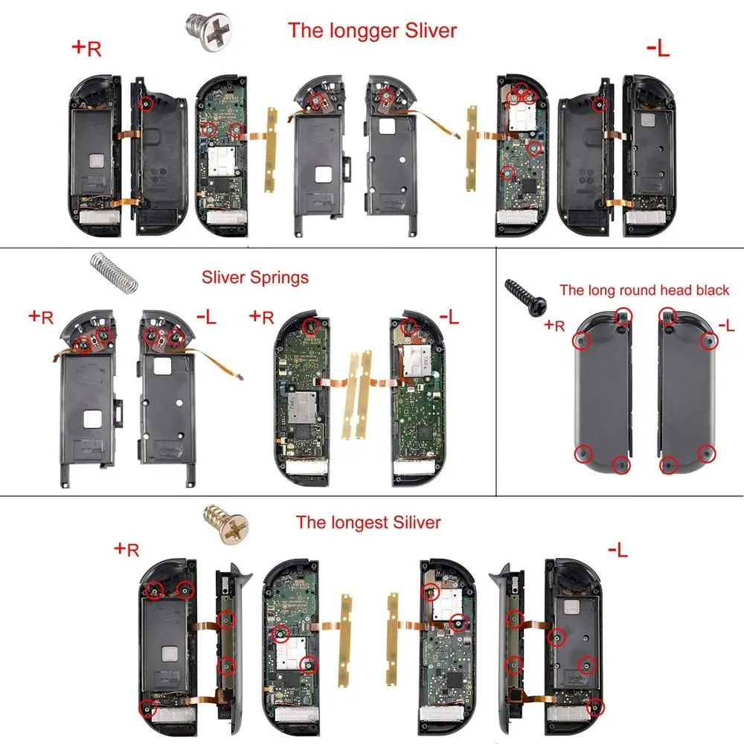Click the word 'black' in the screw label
point(709,290)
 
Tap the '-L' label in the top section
point(658,48)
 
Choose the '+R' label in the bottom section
point(126,550)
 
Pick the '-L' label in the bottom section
point(617,550)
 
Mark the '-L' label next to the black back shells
point(726,325)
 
